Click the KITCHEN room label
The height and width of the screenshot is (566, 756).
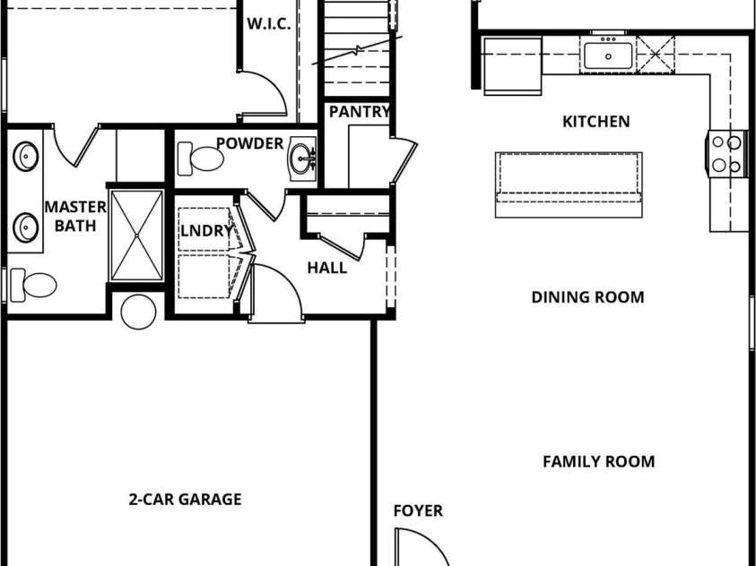pos(596,121)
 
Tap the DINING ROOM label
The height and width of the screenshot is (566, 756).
pos(587,297)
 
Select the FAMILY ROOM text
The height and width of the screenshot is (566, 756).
pos(599,461)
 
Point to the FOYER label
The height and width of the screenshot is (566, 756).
pos(418,510)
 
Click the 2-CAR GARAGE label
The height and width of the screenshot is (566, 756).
pos(185,499)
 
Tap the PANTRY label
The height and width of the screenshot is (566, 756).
pos(360,112)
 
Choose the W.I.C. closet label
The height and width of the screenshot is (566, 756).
pos(269,24)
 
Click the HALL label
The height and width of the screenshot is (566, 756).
pos(327,268)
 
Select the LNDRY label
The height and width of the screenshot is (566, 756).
pos(206,231)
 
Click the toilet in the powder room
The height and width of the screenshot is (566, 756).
pos(200,159)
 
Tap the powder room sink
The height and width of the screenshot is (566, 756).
pos(302,159)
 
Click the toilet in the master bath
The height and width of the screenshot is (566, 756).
pos(33,285)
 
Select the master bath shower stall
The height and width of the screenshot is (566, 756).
pos(137,236)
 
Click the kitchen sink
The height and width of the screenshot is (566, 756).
pos(608,56)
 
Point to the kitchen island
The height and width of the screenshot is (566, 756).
pos(569,184)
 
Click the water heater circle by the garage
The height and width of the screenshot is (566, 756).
pos(138,312)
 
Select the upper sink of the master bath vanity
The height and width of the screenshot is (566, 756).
pos(25,157)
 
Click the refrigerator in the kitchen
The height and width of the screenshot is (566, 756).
pos(512,66)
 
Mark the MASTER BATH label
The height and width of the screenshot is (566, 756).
pos(75,216)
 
